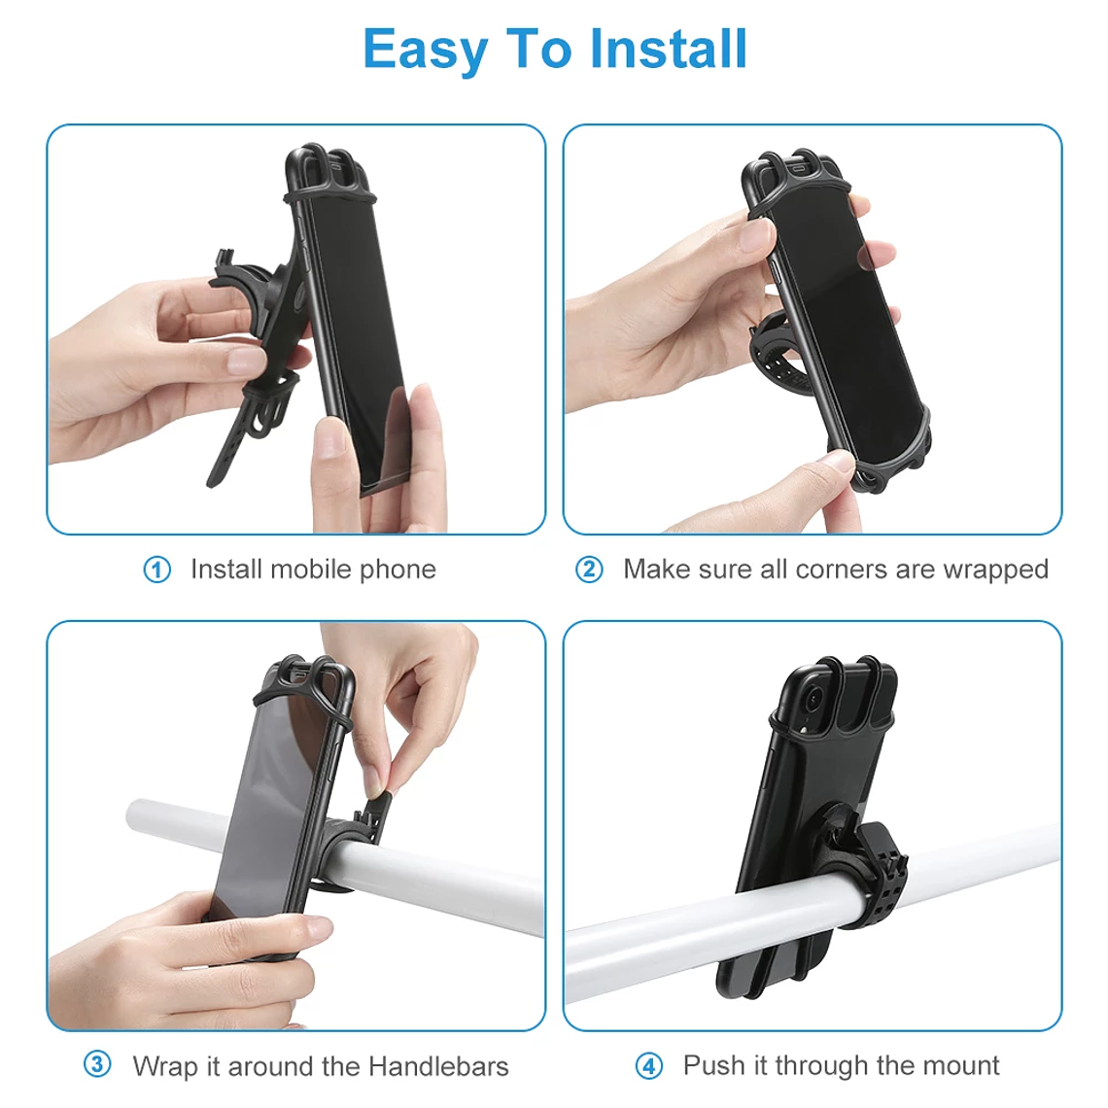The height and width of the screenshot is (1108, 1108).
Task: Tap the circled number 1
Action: [x=156, y=570]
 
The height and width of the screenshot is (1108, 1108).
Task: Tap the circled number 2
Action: [x=589, y=570]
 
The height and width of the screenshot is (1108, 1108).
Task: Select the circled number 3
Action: [x=97, y=1064]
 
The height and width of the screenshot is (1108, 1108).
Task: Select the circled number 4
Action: [x=648, y=1066]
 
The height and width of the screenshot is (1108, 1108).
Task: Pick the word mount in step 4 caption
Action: [x=961, y=1065]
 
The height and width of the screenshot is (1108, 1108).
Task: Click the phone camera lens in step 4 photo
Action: [x=813, y=699]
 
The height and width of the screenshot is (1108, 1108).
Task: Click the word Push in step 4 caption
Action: [x=713, y=1065]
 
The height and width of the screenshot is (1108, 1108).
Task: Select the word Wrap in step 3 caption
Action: [x=163, y=1066]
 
